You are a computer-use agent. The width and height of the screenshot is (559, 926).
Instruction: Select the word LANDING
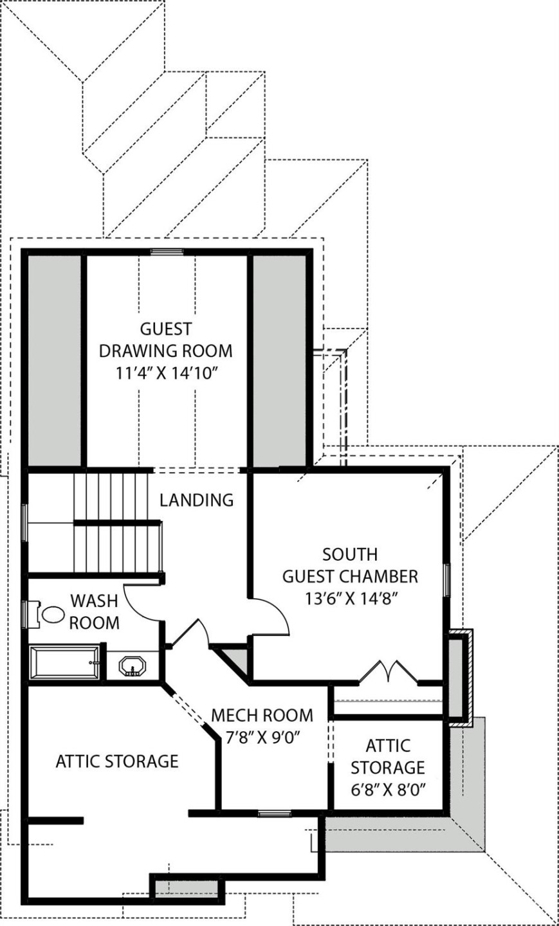pos(197,500)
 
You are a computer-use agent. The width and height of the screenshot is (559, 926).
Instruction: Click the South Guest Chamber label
pos(350,565)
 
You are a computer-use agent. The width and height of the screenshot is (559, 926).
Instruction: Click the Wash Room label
pos(94,612)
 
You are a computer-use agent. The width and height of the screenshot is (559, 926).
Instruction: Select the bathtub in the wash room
pos(64,662)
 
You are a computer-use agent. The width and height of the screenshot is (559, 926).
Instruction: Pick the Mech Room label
pos(262,715)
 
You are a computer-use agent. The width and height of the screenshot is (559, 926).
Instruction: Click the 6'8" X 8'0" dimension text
pos(387,789)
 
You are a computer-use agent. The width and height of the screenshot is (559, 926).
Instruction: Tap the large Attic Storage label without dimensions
pos(116,761)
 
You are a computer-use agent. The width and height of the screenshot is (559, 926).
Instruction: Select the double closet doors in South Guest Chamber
pos(388,672)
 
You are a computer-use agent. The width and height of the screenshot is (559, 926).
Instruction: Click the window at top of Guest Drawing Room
pos(167,251)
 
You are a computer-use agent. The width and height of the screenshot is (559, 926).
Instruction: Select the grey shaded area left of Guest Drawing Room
pos(55,360)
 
